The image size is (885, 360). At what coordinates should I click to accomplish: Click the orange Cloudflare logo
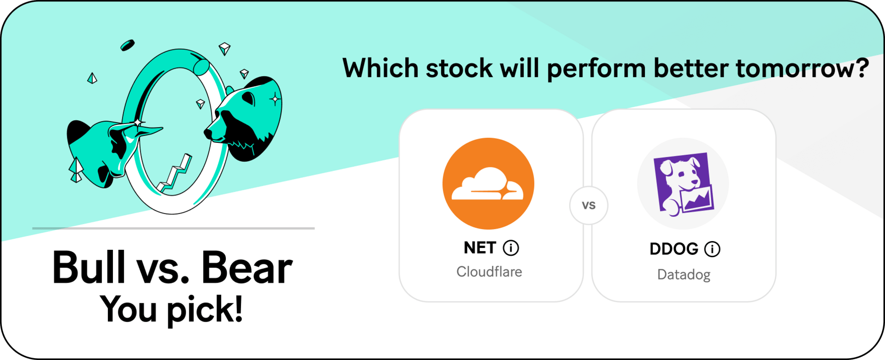(488, 183)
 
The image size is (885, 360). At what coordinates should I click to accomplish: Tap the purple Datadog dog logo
(683, 183)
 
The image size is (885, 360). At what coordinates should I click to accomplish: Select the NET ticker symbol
(480, 248)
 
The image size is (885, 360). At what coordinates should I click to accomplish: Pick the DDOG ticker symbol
(674, 249)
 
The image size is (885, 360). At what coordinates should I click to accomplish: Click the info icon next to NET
(511, 248)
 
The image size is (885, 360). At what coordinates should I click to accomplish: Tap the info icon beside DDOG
(712, 249)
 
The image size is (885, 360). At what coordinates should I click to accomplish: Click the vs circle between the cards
(589, 206)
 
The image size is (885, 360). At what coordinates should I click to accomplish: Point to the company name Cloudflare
(489, 271)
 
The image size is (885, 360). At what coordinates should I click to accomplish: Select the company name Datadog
(684, 275)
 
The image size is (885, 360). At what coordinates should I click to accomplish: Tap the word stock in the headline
(460, 68)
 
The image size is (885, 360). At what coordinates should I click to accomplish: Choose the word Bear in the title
(247, 267)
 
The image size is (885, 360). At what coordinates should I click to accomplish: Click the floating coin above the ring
(127, 45)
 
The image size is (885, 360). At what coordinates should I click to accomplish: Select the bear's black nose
(208, 133)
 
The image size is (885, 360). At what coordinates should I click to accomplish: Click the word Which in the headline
(380, 68)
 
